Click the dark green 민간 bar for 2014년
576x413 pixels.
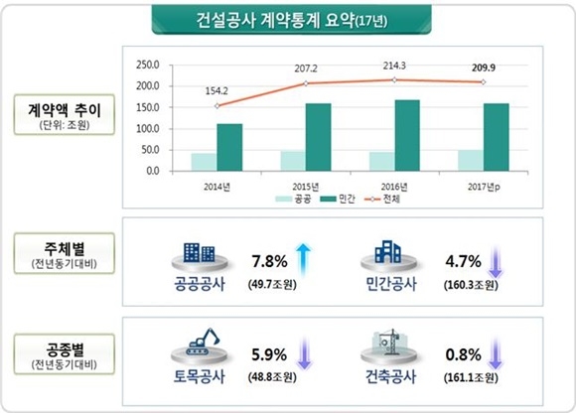coord(229,147)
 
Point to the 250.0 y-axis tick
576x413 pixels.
coord(145,65)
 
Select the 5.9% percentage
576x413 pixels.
coord(269,352)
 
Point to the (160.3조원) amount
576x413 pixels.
coord(471,284)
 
